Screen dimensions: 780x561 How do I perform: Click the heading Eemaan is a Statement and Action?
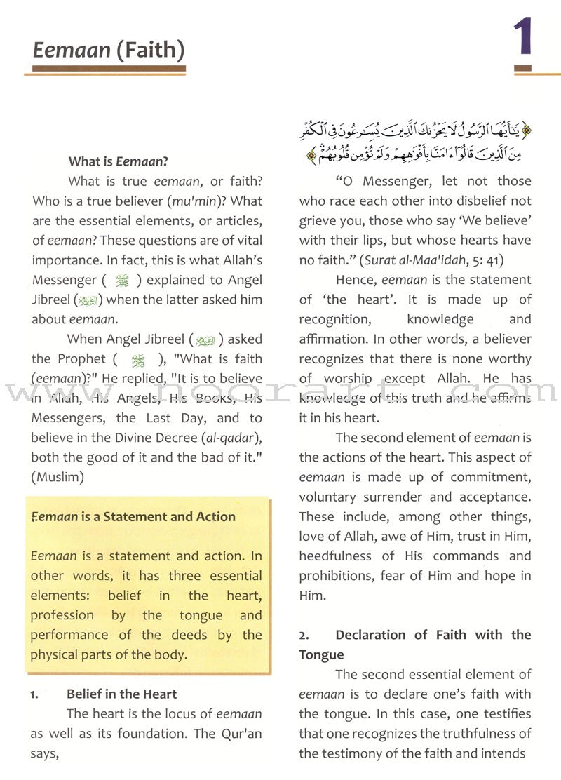133,517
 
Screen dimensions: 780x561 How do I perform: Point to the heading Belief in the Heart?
121,694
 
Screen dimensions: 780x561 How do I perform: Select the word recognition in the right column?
334,319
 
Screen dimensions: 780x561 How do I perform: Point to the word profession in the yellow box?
62,615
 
